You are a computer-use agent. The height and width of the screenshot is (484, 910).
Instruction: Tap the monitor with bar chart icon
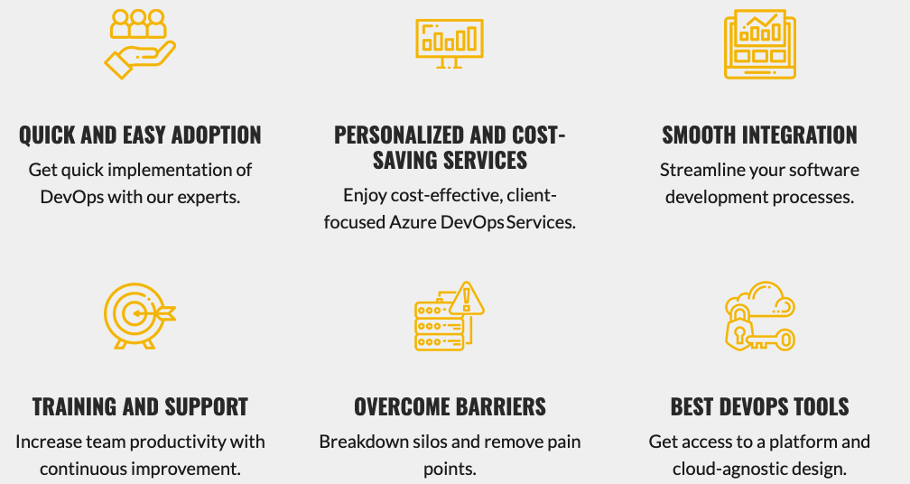tap(449, 42)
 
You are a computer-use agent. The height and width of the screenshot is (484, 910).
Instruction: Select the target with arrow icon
tap(139, 315)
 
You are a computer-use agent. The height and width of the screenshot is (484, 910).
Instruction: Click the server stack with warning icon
tap(449, 315)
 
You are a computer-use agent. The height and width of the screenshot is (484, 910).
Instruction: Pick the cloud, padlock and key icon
tap(759, 315)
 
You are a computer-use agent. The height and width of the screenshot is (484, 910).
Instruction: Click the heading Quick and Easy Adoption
tap(140, 135)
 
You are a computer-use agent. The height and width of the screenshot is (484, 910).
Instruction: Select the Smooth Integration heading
tap(759, 135)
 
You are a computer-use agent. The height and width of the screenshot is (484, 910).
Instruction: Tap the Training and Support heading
tap(140, 407)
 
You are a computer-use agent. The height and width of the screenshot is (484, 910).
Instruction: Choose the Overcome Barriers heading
tap(450, 407)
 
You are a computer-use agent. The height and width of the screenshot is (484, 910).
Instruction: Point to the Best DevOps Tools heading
tap(759, 407)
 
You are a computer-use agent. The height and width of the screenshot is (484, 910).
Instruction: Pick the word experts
tap(209, 196)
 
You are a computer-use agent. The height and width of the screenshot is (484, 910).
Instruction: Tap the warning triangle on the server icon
tap(467, 297)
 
